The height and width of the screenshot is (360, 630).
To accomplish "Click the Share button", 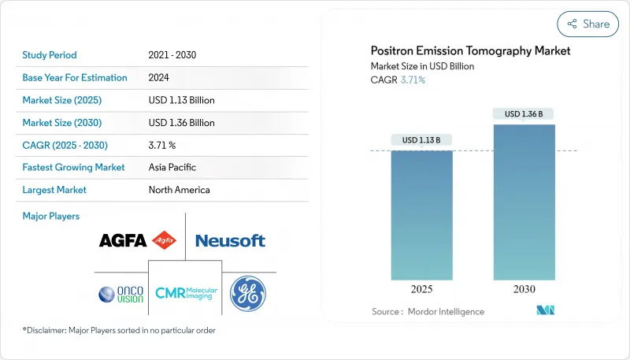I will pyautogui.click(x=587, y=24).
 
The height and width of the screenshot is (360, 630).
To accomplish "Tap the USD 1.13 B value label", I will pyautogui.click(x=421, y=140).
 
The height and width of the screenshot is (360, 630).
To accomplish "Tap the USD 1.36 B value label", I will pyautogui.click(x=524, y=114).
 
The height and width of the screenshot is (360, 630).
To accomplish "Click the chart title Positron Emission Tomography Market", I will pyautogui.click(x=470, y=51).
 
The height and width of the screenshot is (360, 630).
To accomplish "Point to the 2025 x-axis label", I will pyautogui.click(x=421, y=289).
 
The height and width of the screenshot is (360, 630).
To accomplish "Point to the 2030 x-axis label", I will pyautogui.click(x=524, y=289).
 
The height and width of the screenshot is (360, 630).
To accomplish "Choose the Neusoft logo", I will pyautogui.click(x=230, y=240).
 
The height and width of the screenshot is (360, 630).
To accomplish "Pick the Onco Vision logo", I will pyautogui.click(x=121, y=294).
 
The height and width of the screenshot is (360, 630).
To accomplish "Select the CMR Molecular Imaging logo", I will pyautogui.click(x=184, y=294).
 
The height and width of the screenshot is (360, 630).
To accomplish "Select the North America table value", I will pyautogui.click(x=180, y=190).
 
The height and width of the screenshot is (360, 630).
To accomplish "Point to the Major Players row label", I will pyautogui.click(x=51, y=216).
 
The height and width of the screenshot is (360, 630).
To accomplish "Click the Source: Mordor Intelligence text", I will pyautogui.click(x=428, y=312).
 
